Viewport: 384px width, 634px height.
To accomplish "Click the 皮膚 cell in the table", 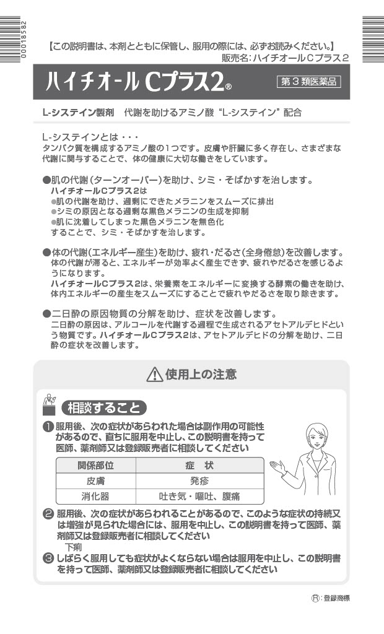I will pos(95,480).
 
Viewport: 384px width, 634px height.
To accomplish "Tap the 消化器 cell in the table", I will pos(95,496).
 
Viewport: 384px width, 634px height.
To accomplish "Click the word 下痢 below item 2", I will pos(73,547).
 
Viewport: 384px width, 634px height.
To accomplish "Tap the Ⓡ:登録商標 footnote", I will pos(334,598).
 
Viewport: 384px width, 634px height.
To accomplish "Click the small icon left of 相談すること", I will pos(48,405).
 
